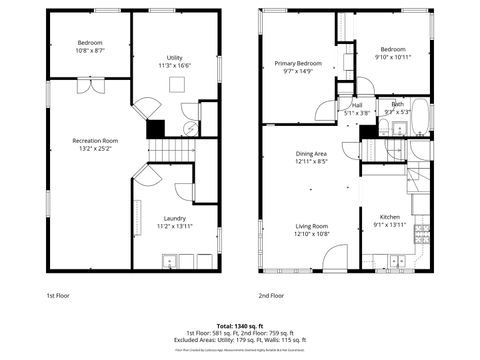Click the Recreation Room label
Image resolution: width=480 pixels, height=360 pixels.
(95, 141)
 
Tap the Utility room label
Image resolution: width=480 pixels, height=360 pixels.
(174, 58)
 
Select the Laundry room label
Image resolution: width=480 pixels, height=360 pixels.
(174, 218)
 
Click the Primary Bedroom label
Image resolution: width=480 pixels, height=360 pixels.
(298, 63)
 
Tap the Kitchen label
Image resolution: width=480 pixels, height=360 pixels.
(389, 217)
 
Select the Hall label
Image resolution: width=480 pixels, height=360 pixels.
(357, 104)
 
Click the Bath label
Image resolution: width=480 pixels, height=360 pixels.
(397, 104)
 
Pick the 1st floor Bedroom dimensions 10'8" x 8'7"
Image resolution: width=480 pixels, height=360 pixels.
(91, 49)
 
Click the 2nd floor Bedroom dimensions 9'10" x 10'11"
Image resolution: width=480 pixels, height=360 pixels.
(392, 57)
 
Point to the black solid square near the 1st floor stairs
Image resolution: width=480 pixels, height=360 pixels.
(155, 128)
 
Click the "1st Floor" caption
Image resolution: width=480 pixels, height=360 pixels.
(58, 296)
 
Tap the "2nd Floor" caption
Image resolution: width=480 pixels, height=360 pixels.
(270, 296)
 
